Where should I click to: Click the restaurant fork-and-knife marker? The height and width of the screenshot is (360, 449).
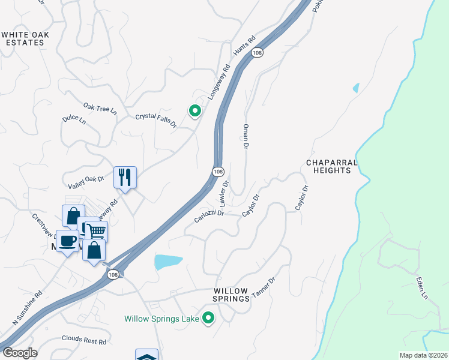pos(125,177)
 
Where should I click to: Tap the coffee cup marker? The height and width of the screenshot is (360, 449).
pos(67,241)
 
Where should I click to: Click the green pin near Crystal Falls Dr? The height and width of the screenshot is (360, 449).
pos(194,111)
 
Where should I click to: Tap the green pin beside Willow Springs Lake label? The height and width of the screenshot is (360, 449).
pos(208,319)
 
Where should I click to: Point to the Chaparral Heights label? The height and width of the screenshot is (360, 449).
pos(331,166)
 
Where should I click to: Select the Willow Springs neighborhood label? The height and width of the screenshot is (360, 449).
pos(231,294)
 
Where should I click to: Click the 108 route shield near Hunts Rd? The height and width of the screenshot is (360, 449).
pos(258,53)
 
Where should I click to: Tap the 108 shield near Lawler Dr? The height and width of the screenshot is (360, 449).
pos(217,172)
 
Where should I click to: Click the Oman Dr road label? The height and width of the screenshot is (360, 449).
pos(245,136)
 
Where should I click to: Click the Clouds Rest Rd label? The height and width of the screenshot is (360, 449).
pos(83,340)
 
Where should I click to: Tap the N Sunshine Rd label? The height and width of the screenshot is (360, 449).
pos(28,308)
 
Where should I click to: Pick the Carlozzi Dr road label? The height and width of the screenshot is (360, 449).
pos(209,217)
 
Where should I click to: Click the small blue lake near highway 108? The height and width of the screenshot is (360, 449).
pos(167,262)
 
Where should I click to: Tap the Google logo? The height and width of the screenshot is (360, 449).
pos(20,353)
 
